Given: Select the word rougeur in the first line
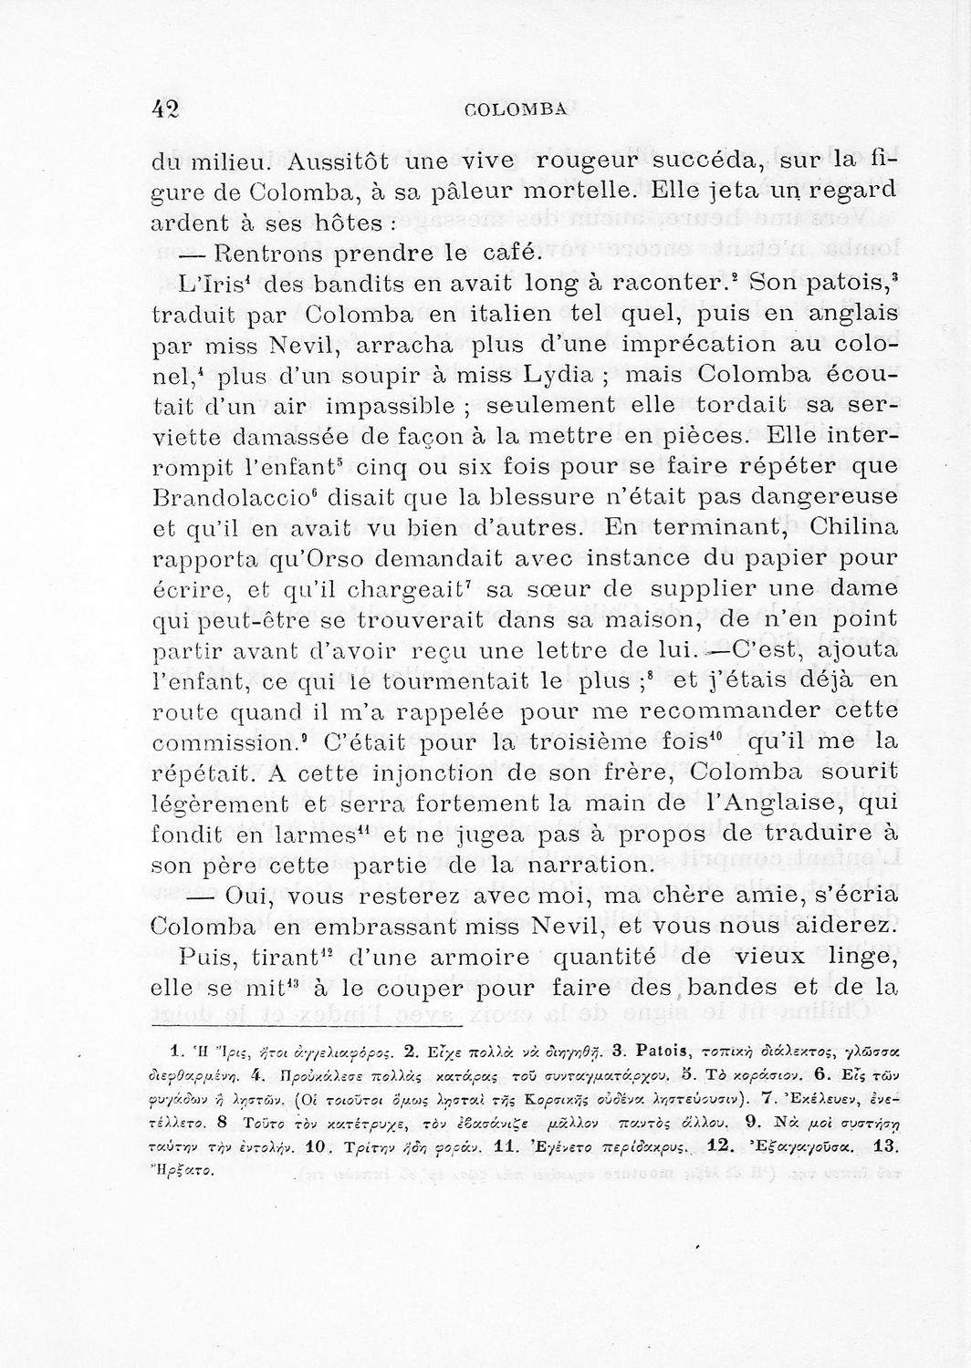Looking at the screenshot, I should [x=601, y=163].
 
